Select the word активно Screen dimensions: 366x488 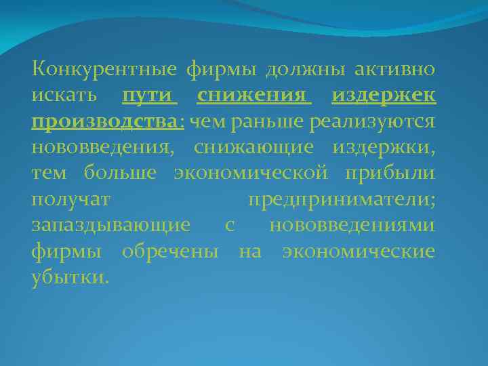[393, 69]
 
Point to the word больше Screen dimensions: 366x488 [121, 173]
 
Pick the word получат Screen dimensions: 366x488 [70, 199]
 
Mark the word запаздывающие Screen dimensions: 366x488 [111, 226]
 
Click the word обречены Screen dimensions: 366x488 [169, 251]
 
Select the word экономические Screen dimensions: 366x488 [359, 251]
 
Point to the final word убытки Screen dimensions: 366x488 [68, 278]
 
